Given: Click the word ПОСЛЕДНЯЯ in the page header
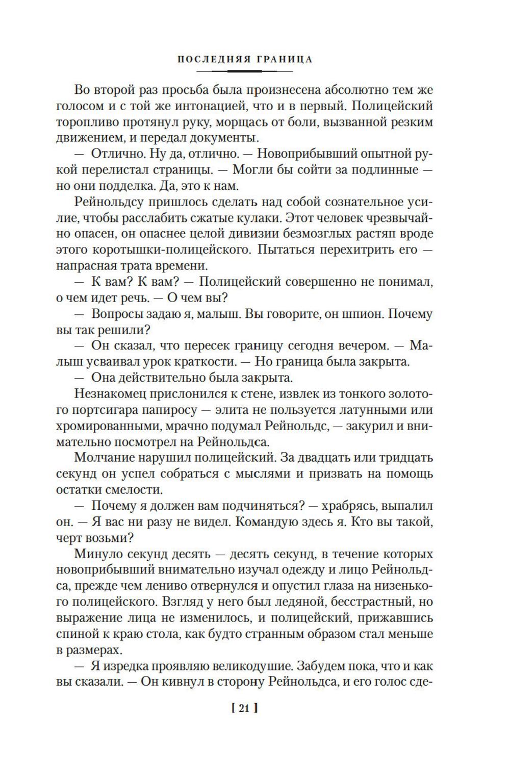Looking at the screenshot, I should [x=212, y=59].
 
